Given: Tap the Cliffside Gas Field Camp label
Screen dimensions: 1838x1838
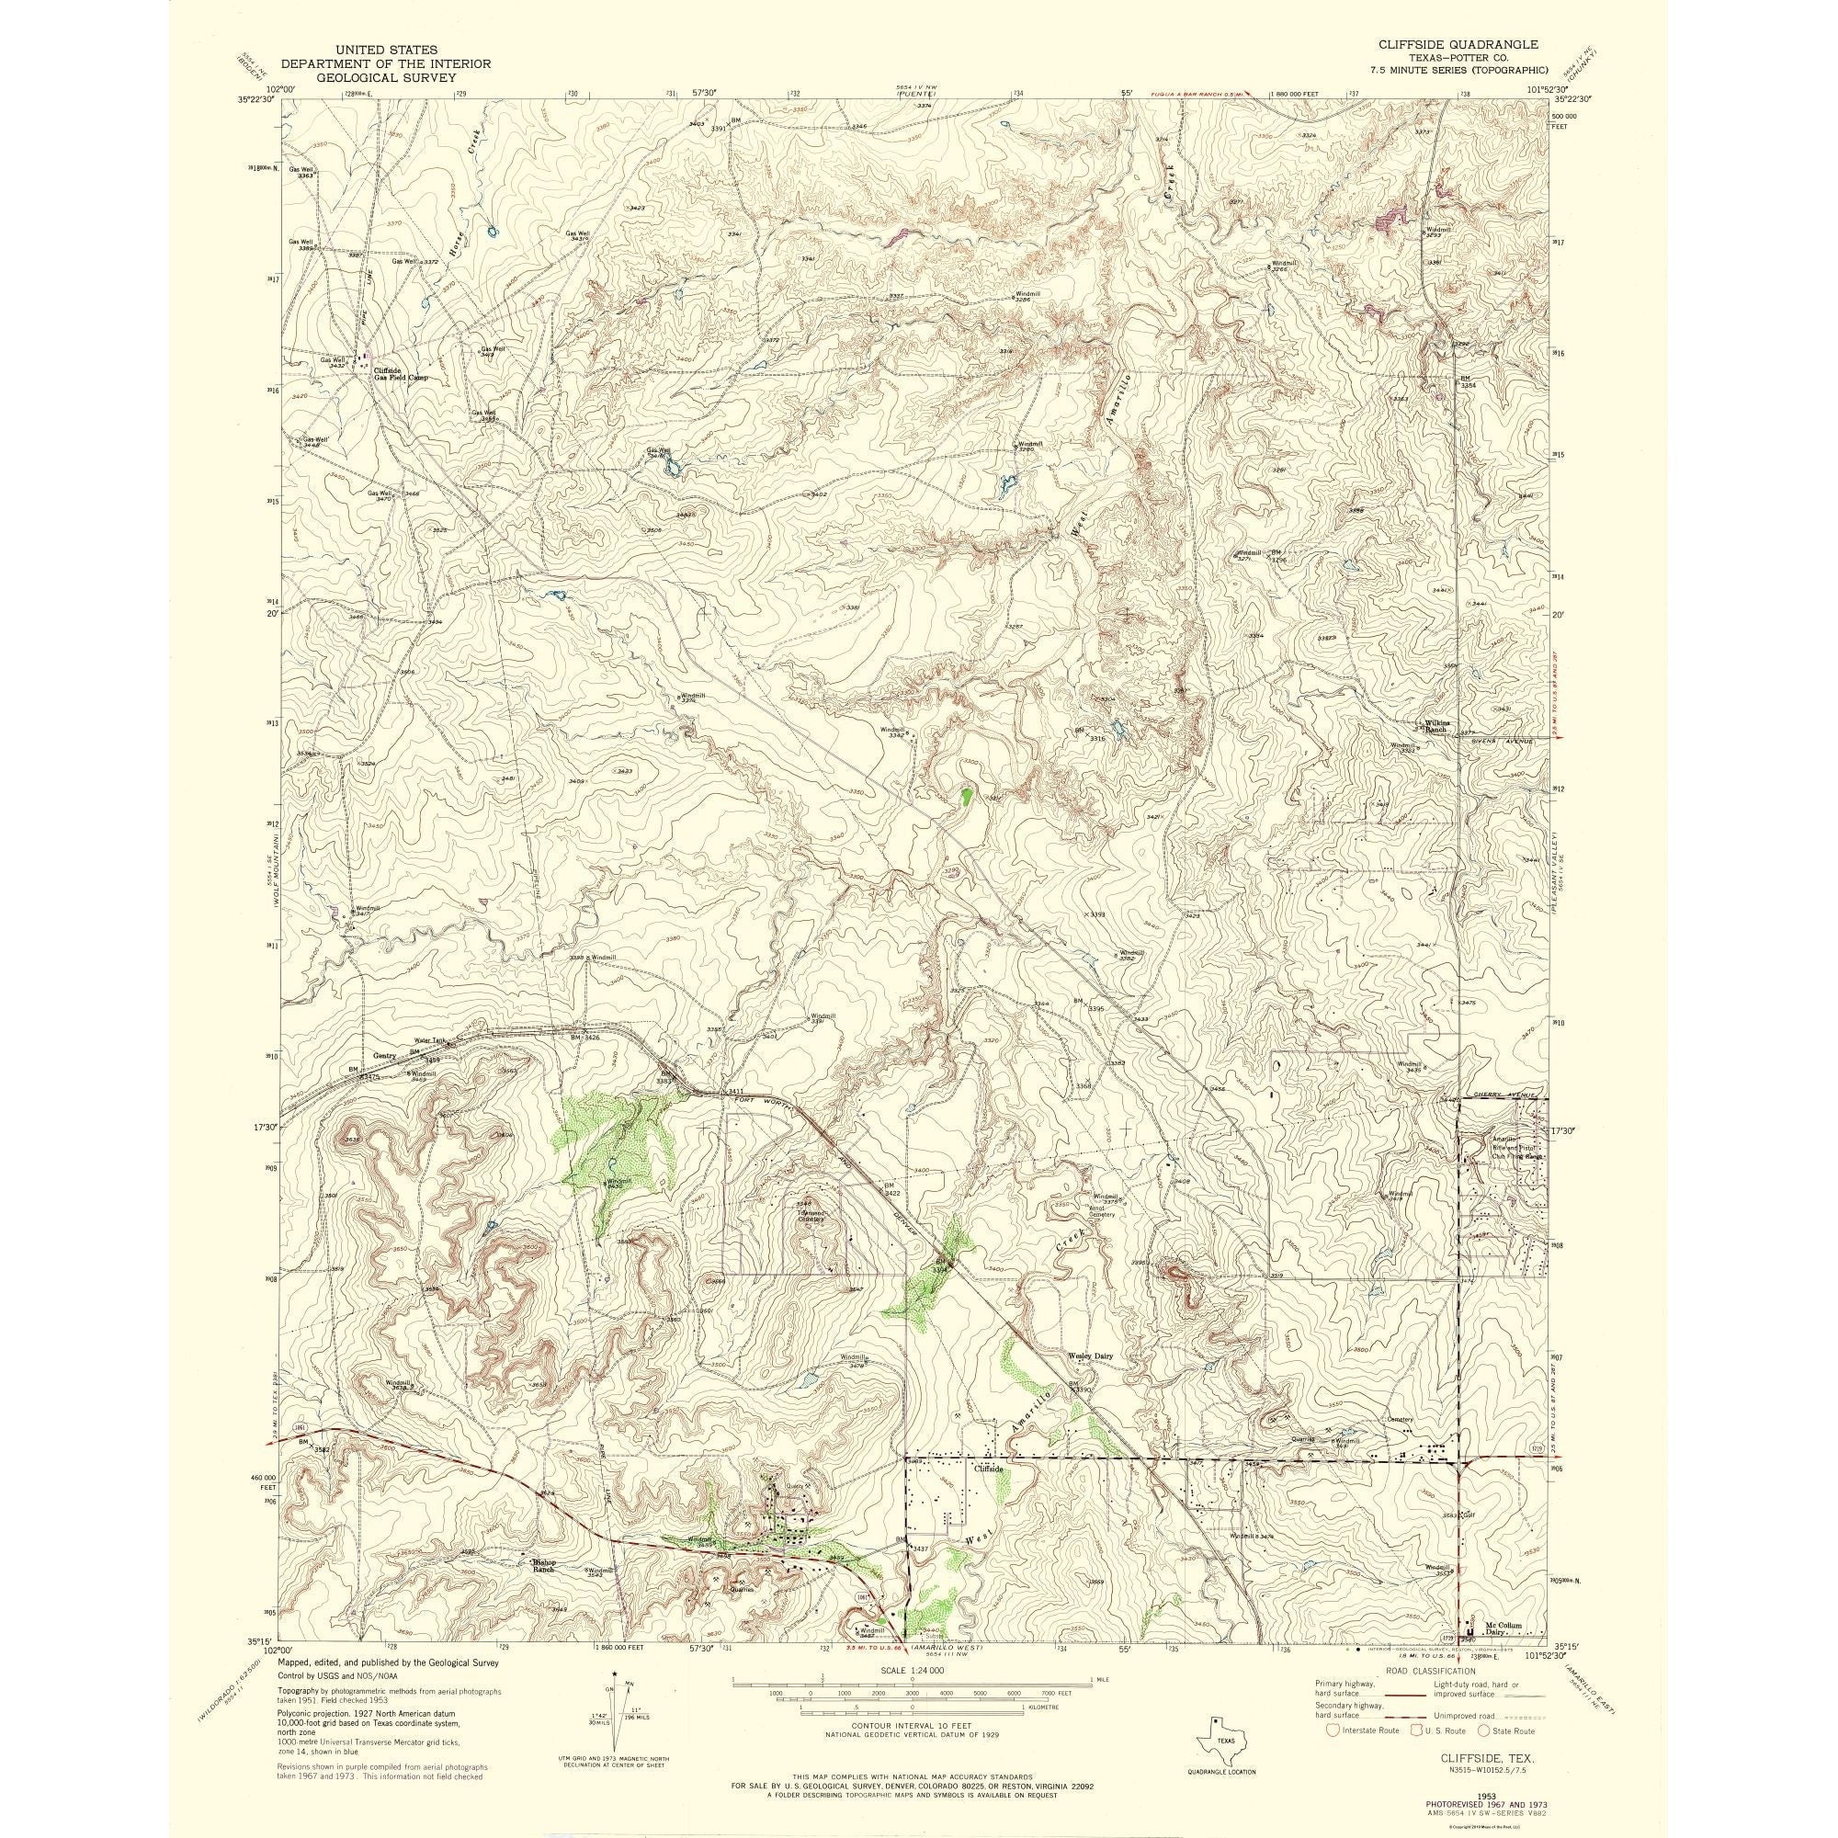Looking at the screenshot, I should tap(400, 374).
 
